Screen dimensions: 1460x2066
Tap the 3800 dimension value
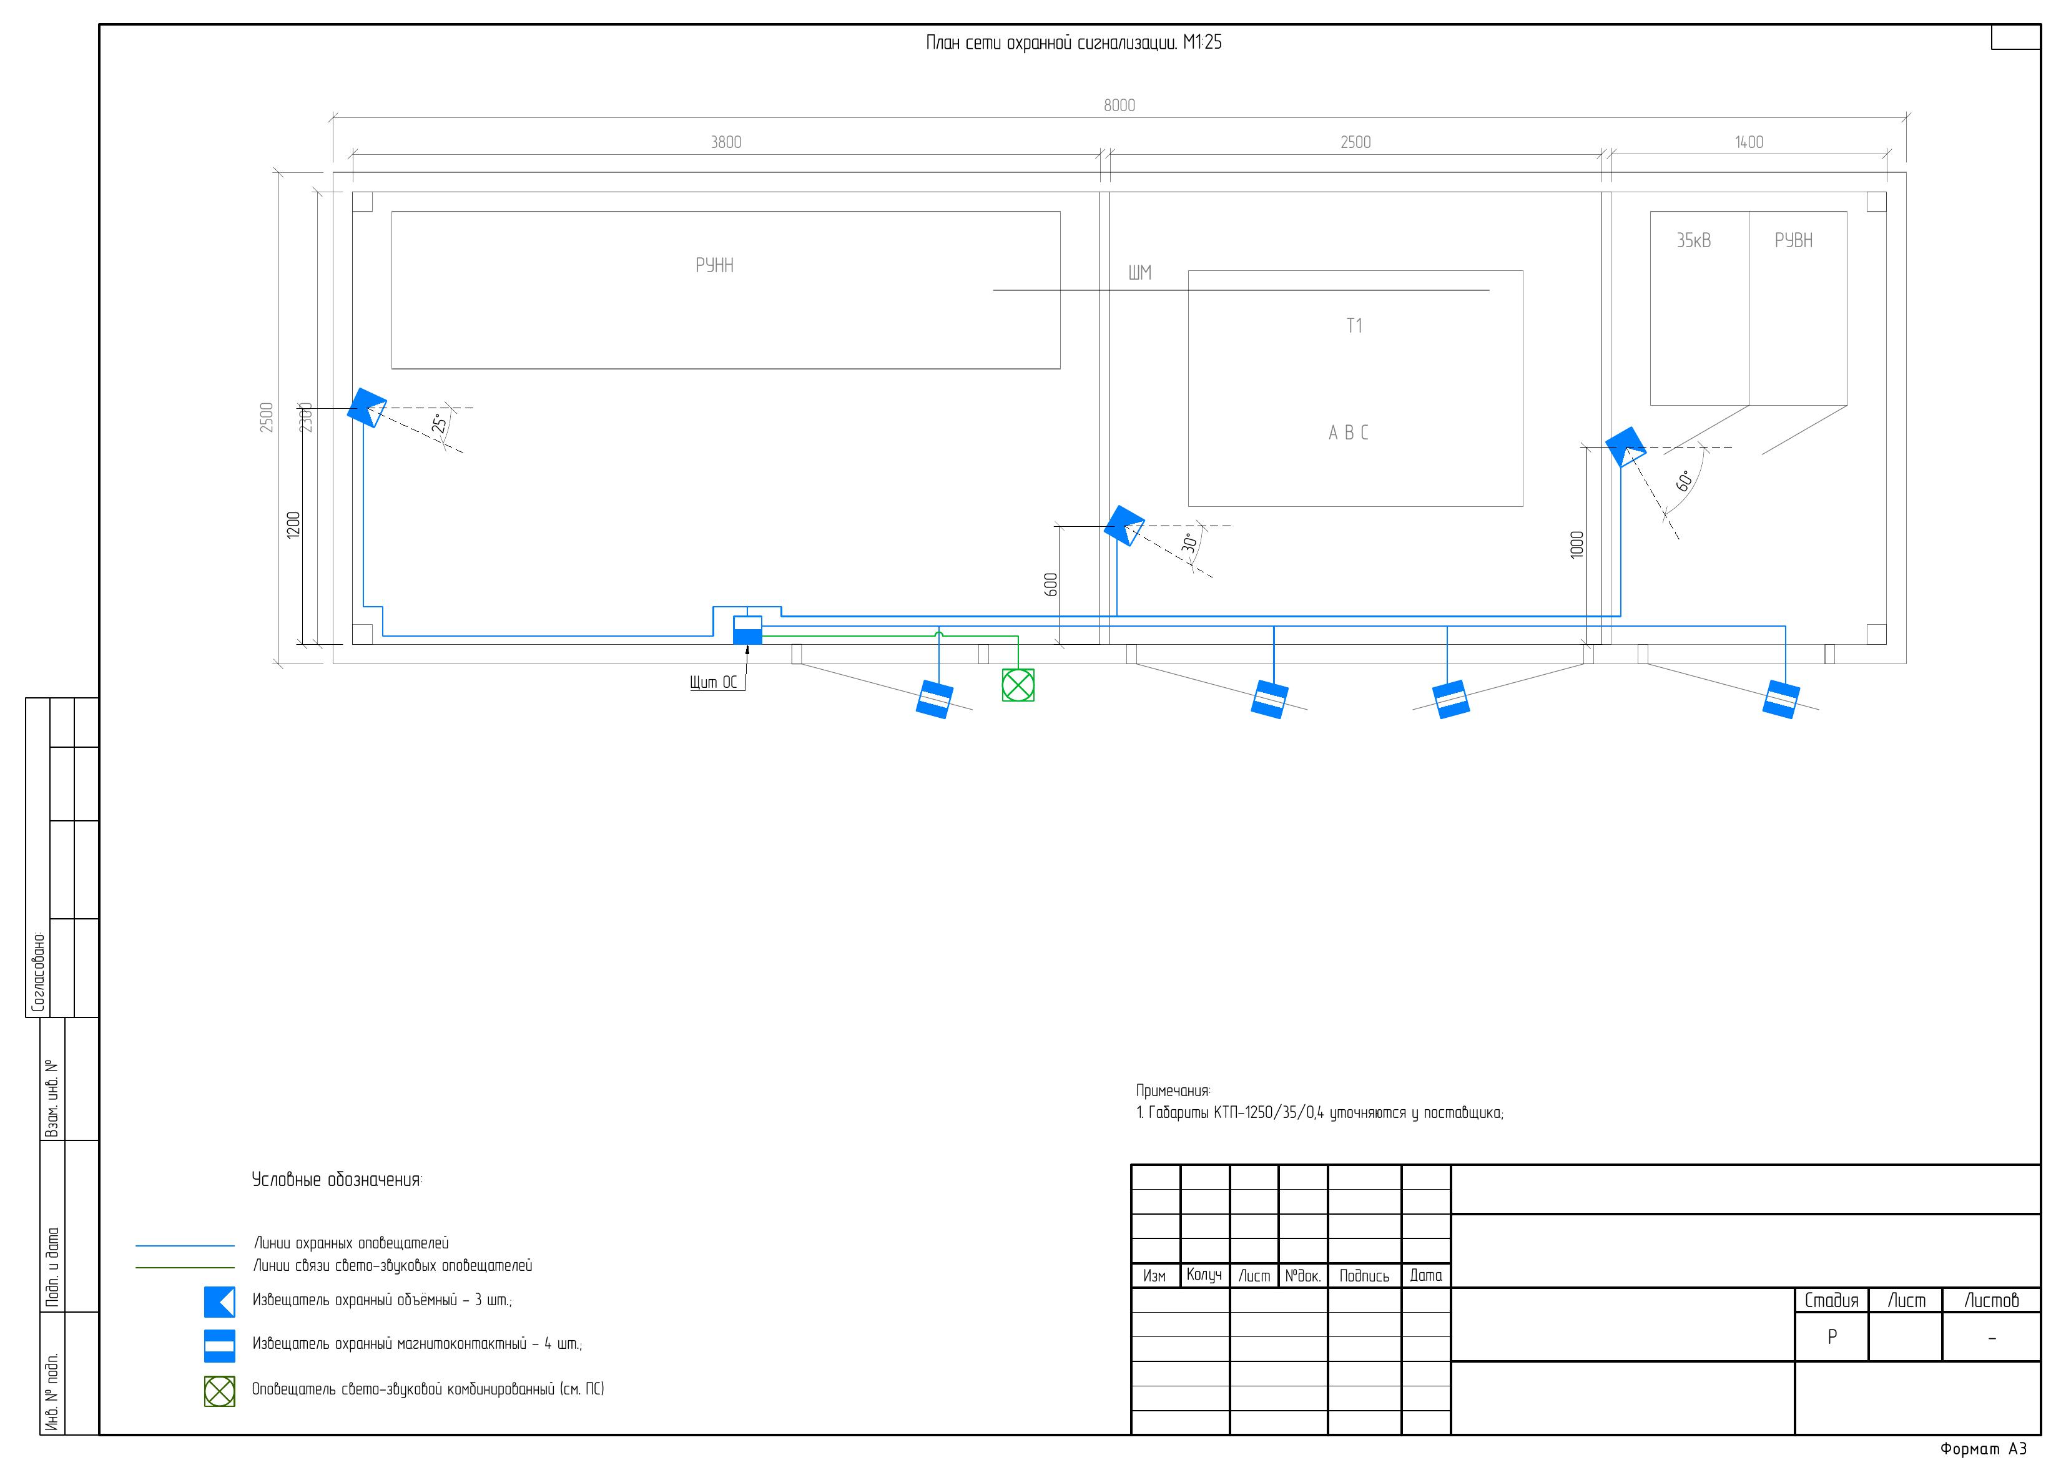coord(726,142)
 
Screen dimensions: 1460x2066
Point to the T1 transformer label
coord(1354,326)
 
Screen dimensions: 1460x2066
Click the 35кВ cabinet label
coord(1693,240)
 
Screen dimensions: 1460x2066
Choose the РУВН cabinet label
coord(1793,240)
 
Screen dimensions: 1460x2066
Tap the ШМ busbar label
coord(1139,273)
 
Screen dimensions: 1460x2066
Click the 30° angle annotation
coord(1189,543)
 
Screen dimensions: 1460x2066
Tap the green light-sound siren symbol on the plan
coord(1018,685)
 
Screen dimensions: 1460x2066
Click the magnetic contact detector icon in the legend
coord(220,1345)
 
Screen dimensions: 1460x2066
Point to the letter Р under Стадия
coord(1831,1337)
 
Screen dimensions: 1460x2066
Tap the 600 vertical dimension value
coord(1051,585)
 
